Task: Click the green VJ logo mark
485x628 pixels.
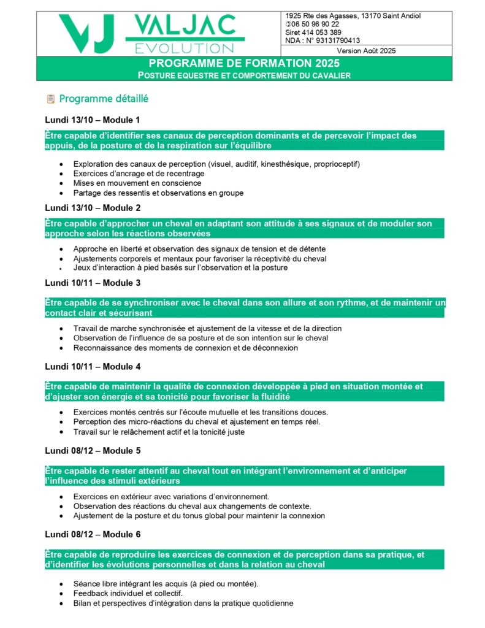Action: tap(86, 34)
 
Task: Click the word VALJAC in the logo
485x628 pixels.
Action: tap(185, 25)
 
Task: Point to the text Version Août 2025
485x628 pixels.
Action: tap(366, 51)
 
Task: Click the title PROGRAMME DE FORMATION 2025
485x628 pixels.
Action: tap(244, 63)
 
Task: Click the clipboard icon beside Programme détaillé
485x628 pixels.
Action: tap(51, 99)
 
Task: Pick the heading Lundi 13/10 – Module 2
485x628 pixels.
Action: tap(93, 208)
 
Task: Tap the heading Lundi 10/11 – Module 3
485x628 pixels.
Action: tap(93, 283)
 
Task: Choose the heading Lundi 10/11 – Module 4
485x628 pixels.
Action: tap(93, 367)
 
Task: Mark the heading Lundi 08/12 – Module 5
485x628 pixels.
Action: tap(93, 451)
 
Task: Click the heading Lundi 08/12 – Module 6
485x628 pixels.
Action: tap(93, 535)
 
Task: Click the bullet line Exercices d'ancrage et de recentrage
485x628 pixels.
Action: tap(139, 174)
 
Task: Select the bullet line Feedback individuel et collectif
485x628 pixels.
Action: tap(128, 594)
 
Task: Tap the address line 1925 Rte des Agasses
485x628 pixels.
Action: tap(353, 16)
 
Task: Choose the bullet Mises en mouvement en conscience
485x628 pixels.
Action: tap(137, 183)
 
